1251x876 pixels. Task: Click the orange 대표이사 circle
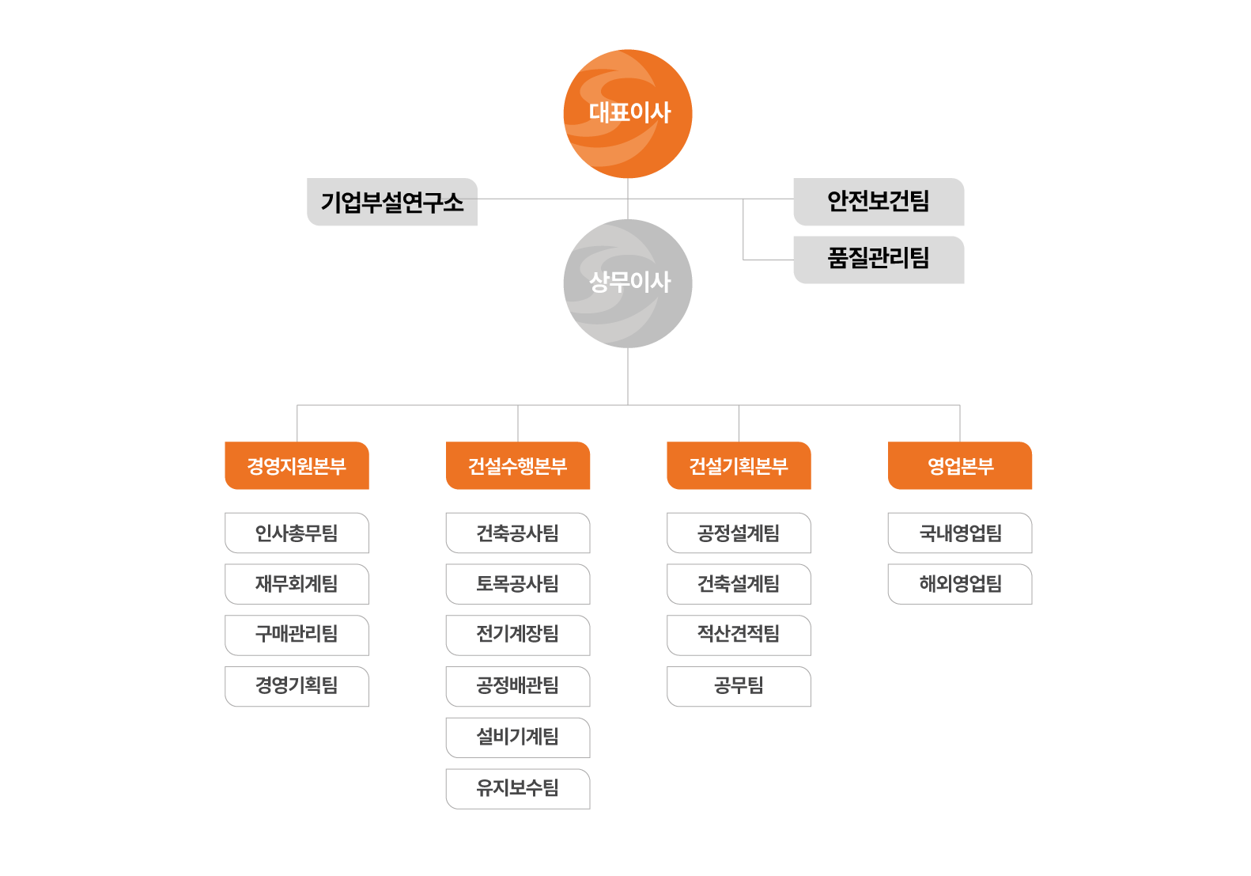pyautogui.click(x=628, y=113)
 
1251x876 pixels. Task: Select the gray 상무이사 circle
pyautogui.click(x=628, y=283)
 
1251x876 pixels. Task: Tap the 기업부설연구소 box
pyautogui.click(x=392, y=203)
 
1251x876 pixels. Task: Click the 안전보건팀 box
pyautogui.click(x=879, y=202)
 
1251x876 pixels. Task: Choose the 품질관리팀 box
pyautogui.click(x=879, y=260)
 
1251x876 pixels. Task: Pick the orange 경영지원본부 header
pyautogui.click(x=297, y=466)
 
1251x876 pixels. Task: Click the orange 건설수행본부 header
pyautogui.click(x=518, y=466)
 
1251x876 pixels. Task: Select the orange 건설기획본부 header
pyautogui.click(x=739, y=466)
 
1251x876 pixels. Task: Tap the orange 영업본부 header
pyautogui.click(x=960, y=466)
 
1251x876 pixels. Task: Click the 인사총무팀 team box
pyautogui.click(x=297, y=533)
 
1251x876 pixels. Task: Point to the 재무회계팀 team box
pyautogui.click(x=297, y=584)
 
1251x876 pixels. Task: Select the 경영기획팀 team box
pyautogui.click(x=297, y=686)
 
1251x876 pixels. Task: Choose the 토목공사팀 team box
pyautogui.click(x=518, y=584)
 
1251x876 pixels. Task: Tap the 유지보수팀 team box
pyautogui.click(x=518, y=789)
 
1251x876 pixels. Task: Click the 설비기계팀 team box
pyautogui.click(x=518, y=738)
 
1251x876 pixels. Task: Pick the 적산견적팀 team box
pyautogui.click(x=739, y=635)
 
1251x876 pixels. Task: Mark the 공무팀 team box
pyautogui.click(x=739, y=686)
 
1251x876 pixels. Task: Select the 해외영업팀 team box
pyautogui.click(x=960, y=584)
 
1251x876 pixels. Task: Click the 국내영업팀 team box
pyautogui.click(x=960, y=533)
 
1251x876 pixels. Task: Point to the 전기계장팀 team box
pyautogui.click(x=518, y=635)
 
